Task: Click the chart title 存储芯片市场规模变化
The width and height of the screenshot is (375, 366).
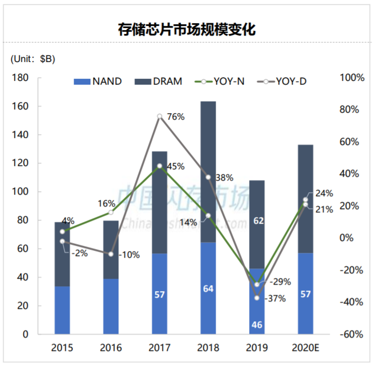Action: coord(187,29)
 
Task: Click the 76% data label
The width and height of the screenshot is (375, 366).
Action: coord(176,116)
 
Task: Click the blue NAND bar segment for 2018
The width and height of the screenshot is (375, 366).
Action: coord(208,288)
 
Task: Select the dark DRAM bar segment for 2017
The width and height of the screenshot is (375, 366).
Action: coord(159,202)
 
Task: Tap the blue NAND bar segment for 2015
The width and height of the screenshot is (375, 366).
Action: coord(62,310)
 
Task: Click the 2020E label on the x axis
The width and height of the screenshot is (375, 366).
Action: coord(305,348)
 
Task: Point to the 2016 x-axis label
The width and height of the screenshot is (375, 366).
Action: coord(110,348)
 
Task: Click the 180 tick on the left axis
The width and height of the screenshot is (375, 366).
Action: coord(36,78)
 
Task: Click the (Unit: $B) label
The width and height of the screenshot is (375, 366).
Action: coord(33,59)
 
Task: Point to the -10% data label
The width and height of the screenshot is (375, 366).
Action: coord(128,254)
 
